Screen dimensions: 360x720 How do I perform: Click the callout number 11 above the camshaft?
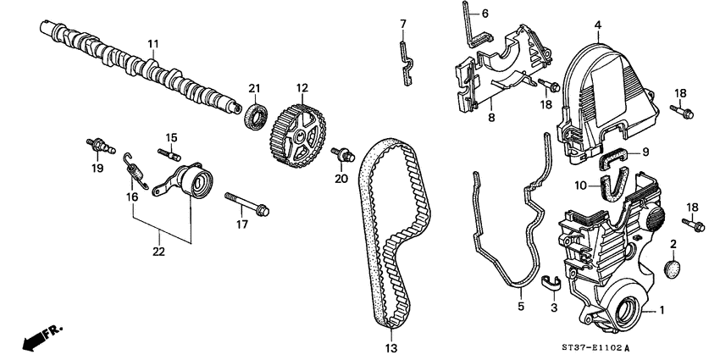click(153, 43)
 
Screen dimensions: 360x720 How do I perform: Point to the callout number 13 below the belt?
click(391, 348)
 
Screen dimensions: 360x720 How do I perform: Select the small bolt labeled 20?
click(342, 154)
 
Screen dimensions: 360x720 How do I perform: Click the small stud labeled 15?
click(170, 153)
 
